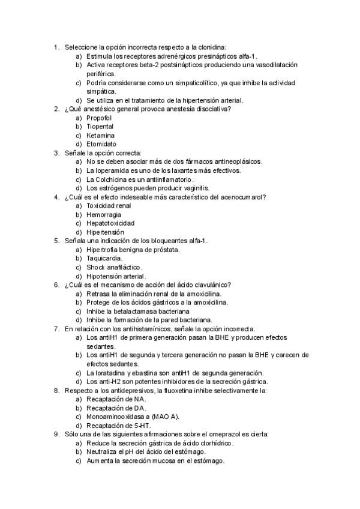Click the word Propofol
tap(99, 118)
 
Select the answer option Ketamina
tap(100, 135)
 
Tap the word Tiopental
tap(100, 127)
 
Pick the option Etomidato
tap(101, 144)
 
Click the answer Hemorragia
tap(103, 214)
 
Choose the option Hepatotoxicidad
tap(110, 223)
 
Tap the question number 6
tap(56, 285)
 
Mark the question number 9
tap(56, 434)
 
